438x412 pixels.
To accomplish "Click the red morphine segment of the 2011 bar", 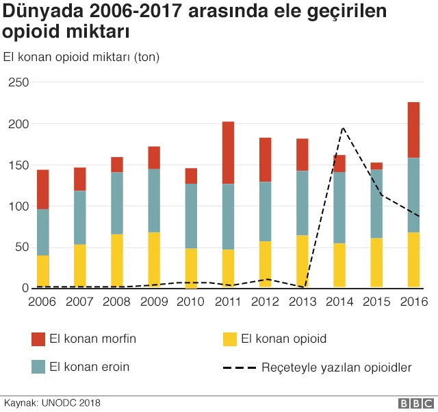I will (x=228, y=153).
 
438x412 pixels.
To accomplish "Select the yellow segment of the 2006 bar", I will (x=43, y=271).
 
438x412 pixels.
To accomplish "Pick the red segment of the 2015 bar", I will (x=376, y=166).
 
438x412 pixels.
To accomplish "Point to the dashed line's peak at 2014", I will (x=342, y=128).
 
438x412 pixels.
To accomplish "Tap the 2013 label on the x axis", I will (x=302, y=302).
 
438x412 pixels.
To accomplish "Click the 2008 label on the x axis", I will (x=117, y=302).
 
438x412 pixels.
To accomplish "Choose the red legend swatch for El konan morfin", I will (x=38, y=339).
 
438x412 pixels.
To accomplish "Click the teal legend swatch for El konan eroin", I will (x=38, y=367).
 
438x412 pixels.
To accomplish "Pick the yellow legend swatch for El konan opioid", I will (x=230, y=339).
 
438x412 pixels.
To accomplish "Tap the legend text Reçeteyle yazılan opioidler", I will (x=336, y=367).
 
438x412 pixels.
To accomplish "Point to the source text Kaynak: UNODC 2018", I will (x=53, y=403).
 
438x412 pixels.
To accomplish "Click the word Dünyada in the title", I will (x=42, y=12).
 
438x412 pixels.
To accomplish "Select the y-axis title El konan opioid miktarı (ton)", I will (x=81, y=57).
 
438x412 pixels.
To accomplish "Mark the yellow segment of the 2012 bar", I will (x=265, y=265).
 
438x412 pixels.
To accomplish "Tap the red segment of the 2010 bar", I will (x=191, y=176).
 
